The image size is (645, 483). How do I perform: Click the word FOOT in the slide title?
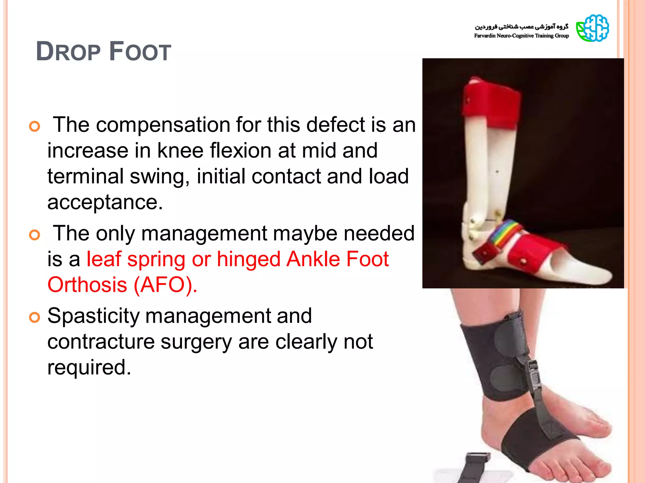(x=140, y=52)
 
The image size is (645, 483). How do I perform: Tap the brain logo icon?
(x=592, y=28)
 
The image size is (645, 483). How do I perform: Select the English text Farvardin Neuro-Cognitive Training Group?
(x=521, y=36)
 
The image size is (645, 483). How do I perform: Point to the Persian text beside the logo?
(x=522, y=26)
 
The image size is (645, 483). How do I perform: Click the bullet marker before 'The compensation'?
(x=35, y=126)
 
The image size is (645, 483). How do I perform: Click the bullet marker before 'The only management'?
(x=35, y=235)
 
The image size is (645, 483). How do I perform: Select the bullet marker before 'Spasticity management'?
(x=35, y=317)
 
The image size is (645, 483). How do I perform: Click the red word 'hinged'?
(x=248, y=259)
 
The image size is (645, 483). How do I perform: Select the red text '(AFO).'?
(x=165, y=285)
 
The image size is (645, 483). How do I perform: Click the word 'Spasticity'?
(x=93, y=316)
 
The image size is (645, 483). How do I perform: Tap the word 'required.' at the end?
(x=89, y=367)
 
